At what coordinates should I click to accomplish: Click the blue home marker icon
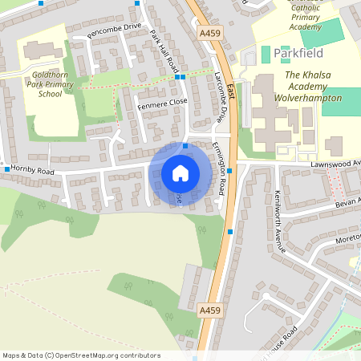tap(180, 172)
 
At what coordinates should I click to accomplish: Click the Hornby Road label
tap(33, 171)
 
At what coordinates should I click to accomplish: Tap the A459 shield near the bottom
tap(209, 310)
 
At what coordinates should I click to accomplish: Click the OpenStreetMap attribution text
tap(81, 355)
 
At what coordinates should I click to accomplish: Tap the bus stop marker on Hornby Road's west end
tap(7, 169)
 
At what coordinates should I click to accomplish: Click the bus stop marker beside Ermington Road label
tap(230, 170)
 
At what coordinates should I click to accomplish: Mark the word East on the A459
tap(229, 90)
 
